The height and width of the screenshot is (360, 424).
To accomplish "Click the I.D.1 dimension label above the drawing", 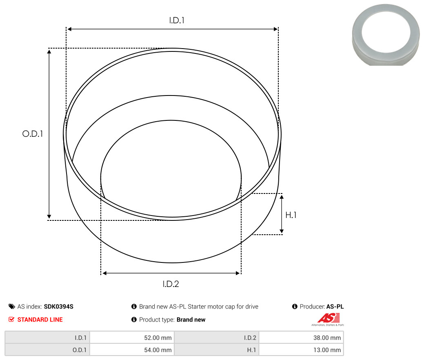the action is pyautogui.click(x=177, y=20).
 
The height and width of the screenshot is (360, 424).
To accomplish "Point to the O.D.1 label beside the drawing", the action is pyautogui.click(x=33, y=133).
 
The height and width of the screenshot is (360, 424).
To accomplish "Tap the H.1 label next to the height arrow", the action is pyautogui.click(x=291, y=215).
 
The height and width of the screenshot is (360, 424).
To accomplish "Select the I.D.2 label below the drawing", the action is pyautogui.click(x=171, y=284).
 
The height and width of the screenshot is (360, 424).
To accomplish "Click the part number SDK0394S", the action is pyautogui.click(x=59, y=307).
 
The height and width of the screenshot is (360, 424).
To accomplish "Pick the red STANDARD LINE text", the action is pyautogui.click(x=40, y=320).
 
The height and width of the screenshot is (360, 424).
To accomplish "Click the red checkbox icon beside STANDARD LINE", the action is pyautogui.click(x=11, y=320).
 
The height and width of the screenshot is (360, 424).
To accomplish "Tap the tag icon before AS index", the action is pyautogui.click(x=11, y=307).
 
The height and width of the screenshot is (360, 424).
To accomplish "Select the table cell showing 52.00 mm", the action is pyautogui.click(x=132, y=338).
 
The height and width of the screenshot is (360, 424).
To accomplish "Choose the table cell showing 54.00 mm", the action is pyautogui.click(x=132, y=350).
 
